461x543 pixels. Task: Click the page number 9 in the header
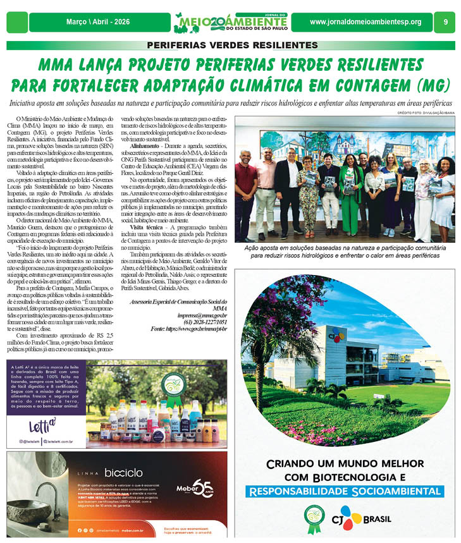point(445,22)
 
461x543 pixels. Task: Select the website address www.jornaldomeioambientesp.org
point(366,22)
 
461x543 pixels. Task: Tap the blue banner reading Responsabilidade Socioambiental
point(345,491)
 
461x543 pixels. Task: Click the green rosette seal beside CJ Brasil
point(313,518)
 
